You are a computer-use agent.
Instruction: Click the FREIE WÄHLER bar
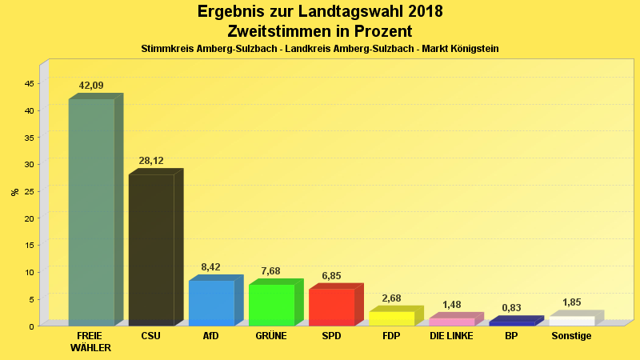pyautogui.click(x=91, y=212)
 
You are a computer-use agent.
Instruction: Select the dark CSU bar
pyautogui.click(x=151, y=250)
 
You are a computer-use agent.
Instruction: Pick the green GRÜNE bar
pyautogui.click(x=271, y=305)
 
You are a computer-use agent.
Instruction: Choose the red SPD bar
pyautogui.click(x=331, y=307)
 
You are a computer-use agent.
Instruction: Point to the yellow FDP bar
pyautogui.click(x=391, y=318)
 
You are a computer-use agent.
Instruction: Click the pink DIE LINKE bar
pyautogui.click(x=451, y=322)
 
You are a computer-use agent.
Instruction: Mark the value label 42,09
pyautogui.click(x=91, y=86)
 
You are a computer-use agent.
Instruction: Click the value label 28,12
pyautogui.click(x=151, y=161)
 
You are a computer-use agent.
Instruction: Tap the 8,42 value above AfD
pyautogui.click(x=211, y=267)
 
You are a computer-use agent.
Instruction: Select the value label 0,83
pyautogui.click(x=511, y=308)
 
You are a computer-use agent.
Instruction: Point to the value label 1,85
pyautogui.click(x=571, y=302)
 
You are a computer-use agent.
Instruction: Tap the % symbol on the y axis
pyautogui.click(x=14, y=192)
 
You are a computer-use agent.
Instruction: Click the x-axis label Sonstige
pyautogui.click(x=571, y=336)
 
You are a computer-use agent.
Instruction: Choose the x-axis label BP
pyautogui.click(x=511, y=336)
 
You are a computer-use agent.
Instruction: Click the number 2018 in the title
pyautogui.click(x=414, y=12)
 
